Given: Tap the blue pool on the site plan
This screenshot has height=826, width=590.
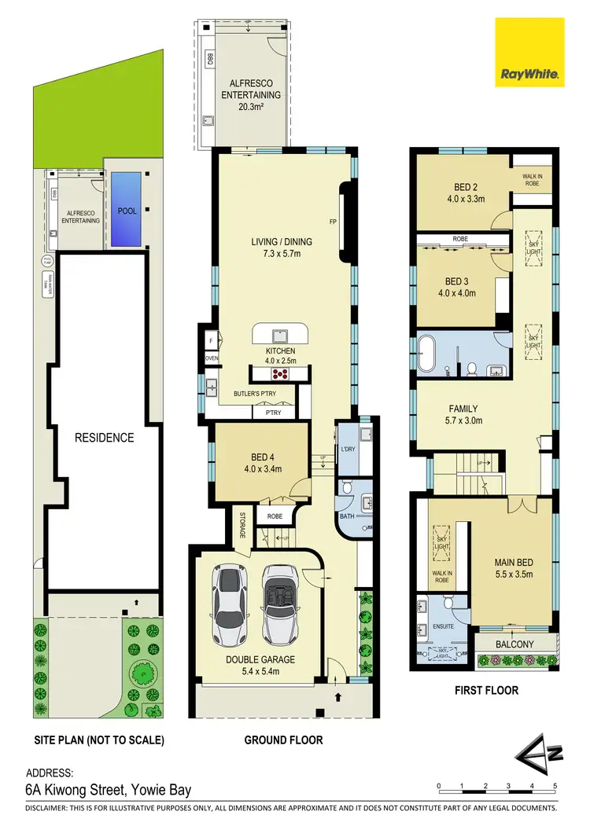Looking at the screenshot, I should pos(127,207).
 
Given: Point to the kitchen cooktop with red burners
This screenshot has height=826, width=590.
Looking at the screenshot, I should pos(281,373).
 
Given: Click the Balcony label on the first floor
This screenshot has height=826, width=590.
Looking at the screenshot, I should pos(515,644).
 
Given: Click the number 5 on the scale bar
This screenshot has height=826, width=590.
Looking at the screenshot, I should pos(555,786).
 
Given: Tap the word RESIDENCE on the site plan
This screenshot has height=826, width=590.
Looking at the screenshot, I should pos(105,437).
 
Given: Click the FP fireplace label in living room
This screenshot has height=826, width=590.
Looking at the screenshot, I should pos(333,222).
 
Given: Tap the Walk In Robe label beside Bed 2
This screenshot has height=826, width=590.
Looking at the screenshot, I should pos(532,180).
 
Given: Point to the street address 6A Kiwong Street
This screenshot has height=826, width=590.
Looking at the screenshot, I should pos(109,790).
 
